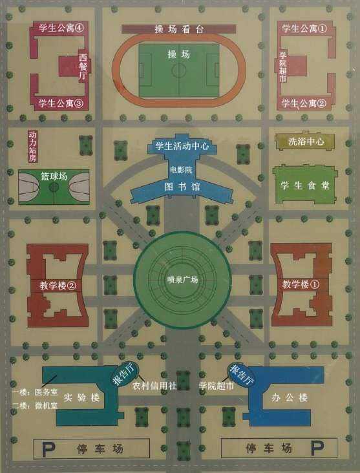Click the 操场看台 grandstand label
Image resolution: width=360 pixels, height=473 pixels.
[x=179, y=29]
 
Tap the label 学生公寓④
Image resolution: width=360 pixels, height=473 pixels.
[x=61, y=28]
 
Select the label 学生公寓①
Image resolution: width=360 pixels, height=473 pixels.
[x=304, y=28]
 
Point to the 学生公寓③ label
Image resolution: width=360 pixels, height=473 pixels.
[x=60, y=103]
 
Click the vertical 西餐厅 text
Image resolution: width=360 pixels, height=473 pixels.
[x=83, y=67]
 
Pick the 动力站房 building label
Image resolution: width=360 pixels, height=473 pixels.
[x=32, y=146]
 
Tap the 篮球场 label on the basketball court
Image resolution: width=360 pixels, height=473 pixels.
[x=54, y=176]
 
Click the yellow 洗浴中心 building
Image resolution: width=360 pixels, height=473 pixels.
[x=305, y=141]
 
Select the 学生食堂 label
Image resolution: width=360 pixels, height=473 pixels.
[x=305, y=185]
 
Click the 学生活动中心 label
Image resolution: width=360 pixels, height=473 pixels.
[x=182, y=146]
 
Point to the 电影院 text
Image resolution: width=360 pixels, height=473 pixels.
[x=181, y=170]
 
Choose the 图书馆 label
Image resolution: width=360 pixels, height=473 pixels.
[x=182, y=187]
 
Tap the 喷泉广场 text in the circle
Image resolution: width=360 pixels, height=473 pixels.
[x=182, y=280]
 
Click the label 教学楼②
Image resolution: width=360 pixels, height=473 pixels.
[x=58, y=285]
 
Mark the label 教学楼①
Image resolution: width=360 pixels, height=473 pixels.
[x=301, y=284]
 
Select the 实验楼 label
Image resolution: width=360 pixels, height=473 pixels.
[x=81, y=397]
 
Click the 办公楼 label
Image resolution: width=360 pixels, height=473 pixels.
[x=290, y=397]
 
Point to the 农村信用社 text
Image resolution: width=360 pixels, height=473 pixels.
[x=154, y=386]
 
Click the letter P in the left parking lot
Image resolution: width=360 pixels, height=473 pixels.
[x=48, y=450]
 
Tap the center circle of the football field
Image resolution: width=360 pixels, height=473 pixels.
[x=179, y=70]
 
